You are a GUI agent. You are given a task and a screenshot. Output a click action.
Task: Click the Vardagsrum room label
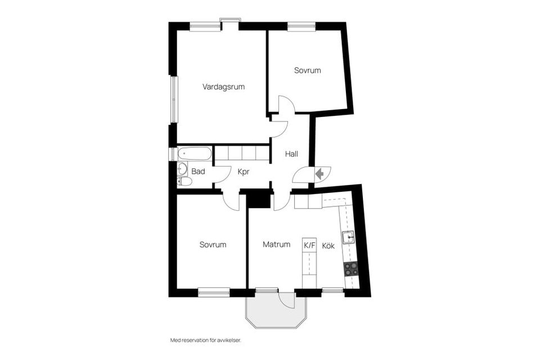pos(223,87)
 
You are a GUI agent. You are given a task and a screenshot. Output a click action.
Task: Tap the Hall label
pos(291,154)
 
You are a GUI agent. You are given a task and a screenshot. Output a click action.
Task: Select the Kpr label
pos(243,172)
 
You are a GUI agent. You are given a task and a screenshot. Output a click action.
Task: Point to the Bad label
pos(198,172)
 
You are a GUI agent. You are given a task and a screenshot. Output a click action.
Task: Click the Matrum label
pos(276,245)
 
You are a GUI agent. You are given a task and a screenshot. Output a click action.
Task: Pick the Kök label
pos(328,245)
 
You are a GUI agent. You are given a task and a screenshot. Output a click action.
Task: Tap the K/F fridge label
pos(309,245)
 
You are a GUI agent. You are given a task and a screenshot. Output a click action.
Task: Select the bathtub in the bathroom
pos(194,154)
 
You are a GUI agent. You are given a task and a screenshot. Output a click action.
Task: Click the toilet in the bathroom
pos(184,181)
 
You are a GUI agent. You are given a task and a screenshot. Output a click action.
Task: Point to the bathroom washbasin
pos(182,168)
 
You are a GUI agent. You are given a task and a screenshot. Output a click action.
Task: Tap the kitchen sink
pos(348,237)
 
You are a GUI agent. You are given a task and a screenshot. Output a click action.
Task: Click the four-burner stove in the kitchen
pos(351,269)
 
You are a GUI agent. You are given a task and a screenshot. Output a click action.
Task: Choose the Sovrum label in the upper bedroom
pos(307,71)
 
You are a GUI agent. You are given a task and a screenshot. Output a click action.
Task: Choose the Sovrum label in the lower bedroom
pos(213,245)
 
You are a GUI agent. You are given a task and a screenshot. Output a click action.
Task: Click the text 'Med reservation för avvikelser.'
pos(209,340)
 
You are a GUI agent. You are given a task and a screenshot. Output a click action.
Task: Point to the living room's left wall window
pos(174,99)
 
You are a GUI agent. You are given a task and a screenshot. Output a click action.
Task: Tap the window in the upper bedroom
pos(301,25)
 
